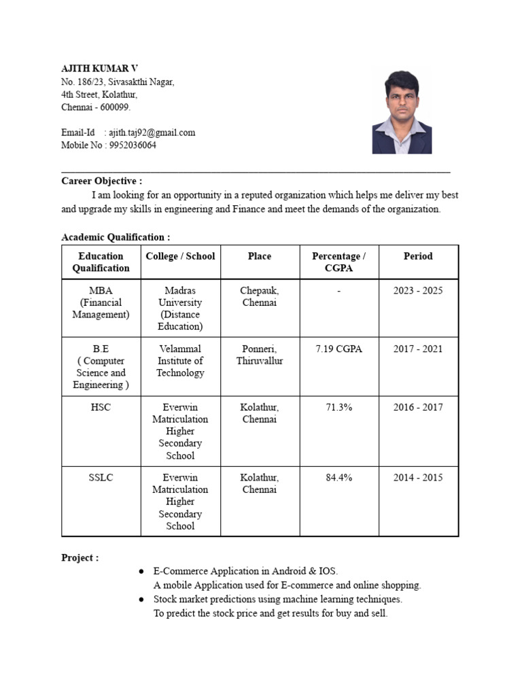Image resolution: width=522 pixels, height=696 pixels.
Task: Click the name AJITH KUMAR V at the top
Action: (x=99, y=69)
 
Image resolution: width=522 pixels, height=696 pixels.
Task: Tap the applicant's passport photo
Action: (x=402, y=112)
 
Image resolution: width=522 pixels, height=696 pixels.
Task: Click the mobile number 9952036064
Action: (x=133, y=145)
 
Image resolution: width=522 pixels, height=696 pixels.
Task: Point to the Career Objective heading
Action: (x=102, y=181)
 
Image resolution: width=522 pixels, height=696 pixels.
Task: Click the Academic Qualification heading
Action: (x=116, y=237)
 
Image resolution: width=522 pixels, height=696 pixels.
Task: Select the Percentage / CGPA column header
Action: (x=338, y=262)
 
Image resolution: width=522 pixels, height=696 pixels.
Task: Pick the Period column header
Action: (x=418, y=256)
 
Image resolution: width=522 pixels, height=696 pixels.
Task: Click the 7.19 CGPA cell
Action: (x=338, y=349)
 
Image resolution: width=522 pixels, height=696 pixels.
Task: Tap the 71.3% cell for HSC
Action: (x=338, y=407)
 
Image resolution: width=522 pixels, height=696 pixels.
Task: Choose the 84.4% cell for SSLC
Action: (x=338, y=477)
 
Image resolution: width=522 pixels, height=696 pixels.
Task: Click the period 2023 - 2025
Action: (x=418, y=290)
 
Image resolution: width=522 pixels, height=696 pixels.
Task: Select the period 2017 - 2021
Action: (x=418, y=349)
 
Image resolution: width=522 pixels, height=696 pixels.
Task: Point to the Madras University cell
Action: (x=180, y=308)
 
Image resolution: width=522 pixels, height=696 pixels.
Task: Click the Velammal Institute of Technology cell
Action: (x=180, y=360)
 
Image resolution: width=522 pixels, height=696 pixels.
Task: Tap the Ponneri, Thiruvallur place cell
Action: (x=260, y=355)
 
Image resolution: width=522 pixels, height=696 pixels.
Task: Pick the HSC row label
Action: (x=101, y=407)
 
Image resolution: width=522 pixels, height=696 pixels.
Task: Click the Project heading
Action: (x=80, y=557)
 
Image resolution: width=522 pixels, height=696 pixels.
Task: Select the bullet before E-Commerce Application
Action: (x=141, y=572)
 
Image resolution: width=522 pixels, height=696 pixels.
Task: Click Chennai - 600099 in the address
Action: (x=96, y=107)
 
